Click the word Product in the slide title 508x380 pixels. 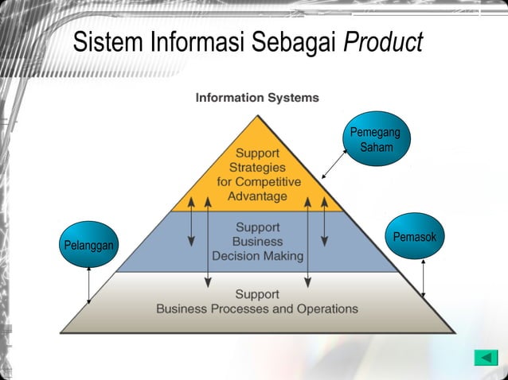(x=382, y=42)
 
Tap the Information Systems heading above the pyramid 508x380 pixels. (x=257, y=98)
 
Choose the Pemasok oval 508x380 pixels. (x=415, y=237)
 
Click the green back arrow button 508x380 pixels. (x=485, y=358)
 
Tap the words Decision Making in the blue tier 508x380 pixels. (x=258, y=256)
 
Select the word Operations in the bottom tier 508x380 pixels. (x=322, y=308)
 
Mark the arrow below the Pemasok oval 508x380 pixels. (x=423, y=278)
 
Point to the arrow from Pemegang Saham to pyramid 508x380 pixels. (x=334, y=161)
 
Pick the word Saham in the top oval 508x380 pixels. (x=376, y=148)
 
